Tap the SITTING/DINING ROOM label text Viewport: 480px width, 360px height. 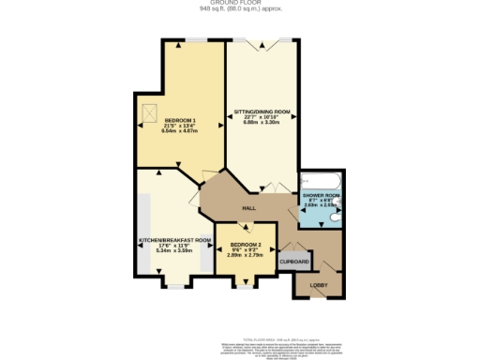[262, 112]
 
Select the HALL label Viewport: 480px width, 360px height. [249, 207]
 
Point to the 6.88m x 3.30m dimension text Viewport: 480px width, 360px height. [262, 123]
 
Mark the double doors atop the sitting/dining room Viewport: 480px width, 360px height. [262, 42]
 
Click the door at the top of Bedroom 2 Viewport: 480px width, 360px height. [246, 225]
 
